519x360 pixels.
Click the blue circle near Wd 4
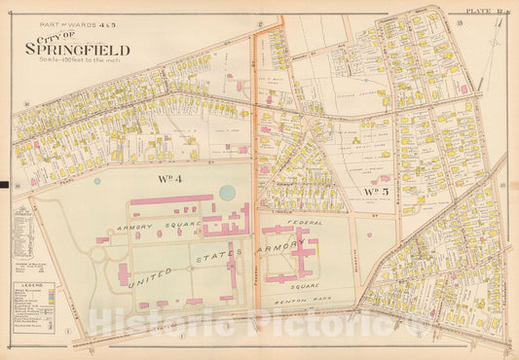227,193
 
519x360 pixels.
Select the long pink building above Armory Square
173,202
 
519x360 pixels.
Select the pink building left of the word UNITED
124,273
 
